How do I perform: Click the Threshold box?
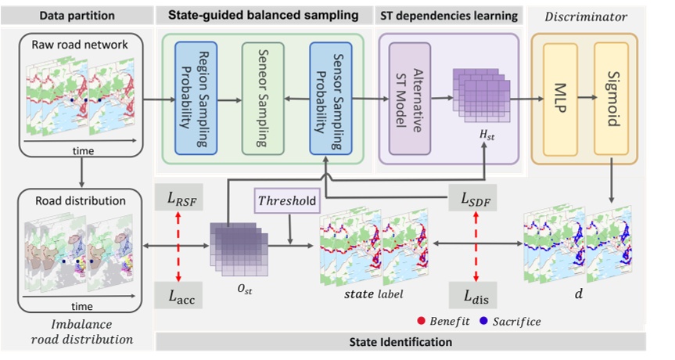pos(287,201)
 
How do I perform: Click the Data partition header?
pos(78,15)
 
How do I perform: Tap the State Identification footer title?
pos(400,342)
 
